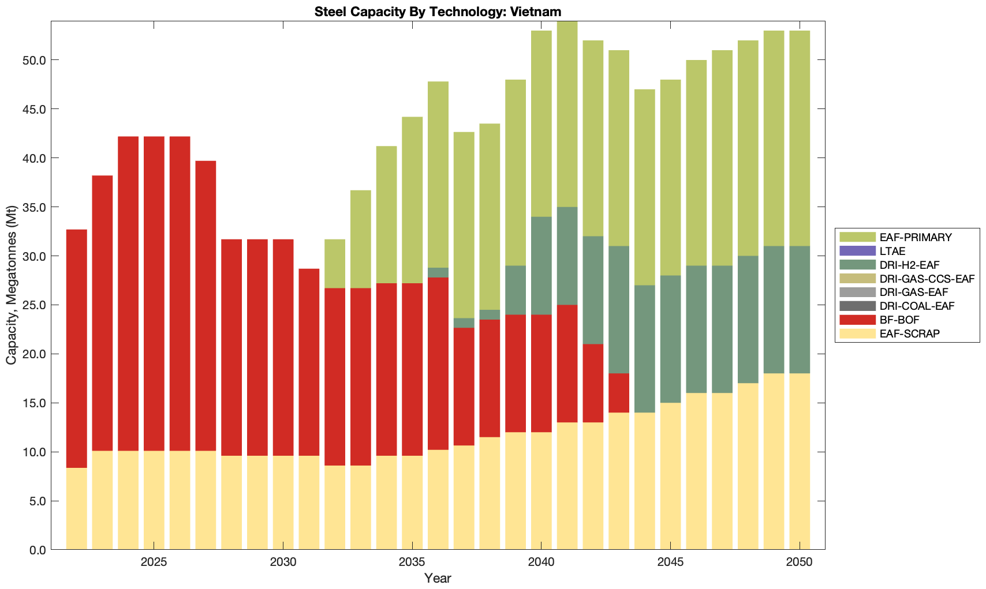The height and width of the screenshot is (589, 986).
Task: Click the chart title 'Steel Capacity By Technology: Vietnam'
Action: (x=438, y=12)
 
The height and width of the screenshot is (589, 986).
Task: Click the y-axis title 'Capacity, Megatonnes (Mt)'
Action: (x=11, y=286)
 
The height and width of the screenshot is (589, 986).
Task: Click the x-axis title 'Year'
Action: (x=438, y=578)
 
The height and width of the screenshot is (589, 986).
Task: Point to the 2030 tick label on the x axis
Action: (x=283, y=562)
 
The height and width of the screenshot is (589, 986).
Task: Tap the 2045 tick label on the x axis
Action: (x=670, y=562)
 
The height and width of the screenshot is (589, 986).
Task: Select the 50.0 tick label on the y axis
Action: (x=33, y=61)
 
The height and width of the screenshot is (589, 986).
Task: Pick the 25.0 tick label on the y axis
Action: (x=33, y=305)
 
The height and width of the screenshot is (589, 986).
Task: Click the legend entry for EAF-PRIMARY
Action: (x=916, y=237)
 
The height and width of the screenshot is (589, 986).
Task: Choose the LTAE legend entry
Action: (x=892, y=251)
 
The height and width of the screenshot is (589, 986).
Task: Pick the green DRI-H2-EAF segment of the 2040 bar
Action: (x=541, y=266)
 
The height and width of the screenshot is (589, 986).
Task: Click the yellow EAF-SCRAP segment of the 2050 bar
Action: (x=800, y=462)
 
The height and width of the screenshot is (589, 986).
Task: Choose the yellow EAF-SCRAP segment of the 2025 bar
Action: (x=154, y=500)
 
